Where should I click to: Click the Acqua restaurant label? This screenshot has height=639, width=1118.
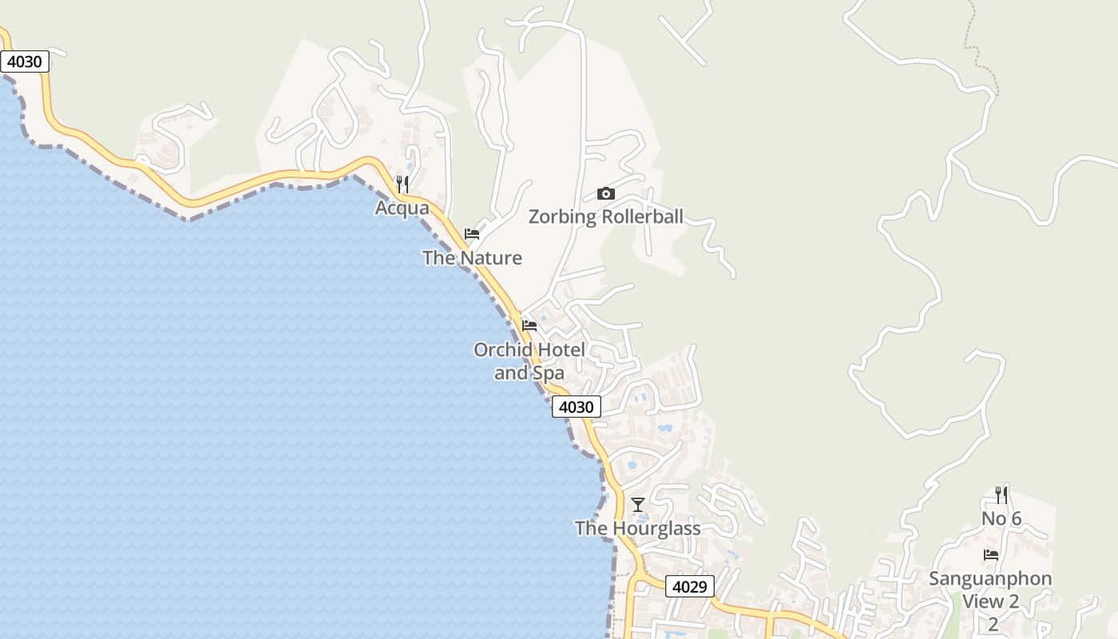402,208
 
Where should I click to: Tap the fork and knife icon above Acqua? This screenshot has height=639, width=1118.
402,185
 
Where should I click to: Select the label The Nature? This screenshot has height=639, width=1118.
472,258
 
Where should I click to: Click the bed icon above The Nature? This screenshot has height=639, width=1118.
472,234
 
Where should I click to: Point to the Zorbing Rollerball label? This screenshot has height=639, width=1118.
606,216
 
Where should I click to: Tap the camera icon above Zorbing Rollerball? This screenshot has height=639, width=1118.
606,193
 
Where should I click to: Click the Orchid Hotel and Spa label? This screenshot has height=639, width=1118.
529,361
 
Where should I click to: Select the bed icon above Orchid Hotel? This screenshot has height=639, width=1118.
529,326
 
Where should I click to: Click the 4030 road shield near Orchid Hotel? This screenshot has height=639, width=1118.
576,407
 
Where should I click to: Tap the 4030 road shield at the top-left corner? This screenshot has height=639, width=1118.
25,62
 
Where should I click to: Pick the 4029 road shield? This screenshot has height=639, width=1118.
689,586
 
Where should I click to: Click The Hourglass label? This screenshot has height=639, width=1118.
637,528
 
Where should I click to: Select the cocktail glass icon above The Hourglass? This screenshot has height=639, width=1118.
637,505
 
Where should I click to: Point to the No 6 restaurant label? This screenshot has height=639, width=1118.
1001,519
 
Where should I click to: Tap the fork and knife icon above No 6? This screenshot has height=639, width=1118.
1001,495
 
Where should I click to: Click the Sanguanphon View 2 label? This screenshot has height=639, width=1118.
991,589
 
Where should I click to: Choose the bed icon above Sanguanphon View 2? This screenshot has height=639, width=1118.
991,554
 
